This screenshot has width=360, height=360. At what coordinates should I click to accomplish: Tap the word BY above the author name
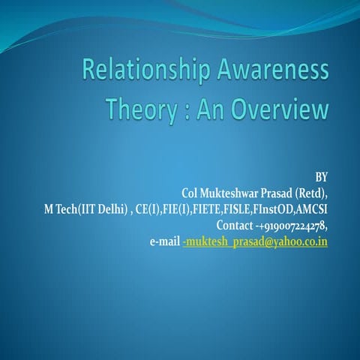point(320,178)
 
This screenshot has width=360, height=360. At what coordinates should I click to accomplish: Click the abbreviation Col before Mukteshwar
point(191,193)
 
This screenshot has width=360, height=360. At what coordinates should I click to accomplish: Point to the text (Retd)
point(312,193)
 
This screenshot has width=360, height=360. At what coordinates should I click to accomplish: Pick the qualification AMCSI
point(316,208)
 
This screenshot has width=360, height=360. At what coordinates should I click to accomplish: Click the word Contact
point(233,225)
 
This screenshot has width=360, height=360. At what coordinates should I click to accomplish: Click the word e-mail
point(164,241)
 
